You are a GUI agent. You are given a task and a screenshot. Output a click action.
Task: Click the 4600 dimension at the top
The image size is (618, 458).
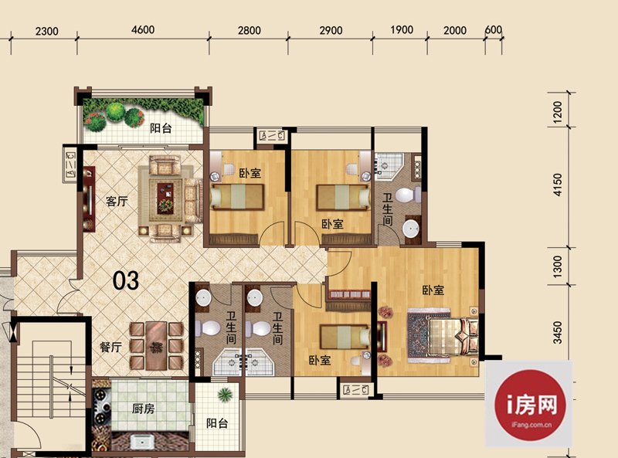pyautogui.click(x=143, y=30)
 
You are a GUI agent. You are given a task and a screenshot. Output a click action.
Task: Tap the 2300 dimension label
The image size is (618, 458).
pyautogui.click(x=47, y=31)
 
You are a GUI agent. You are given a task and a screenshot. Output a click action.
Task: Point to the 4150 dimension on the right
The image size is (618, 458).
pyautogui.click(x=557, y=185)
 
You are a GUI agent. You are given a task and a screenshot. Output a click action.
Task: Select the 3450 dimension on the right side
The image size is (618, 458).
pyautogui.click(x=557, y=333)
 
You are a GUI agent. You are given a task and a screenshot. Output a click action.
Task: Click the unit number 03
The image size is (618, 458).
pyautogui.click(x=126, y=280)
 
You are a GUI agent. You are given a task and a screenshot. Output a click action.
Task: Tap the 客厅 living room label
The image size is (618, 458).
pyautogui.click(x=117, y=202)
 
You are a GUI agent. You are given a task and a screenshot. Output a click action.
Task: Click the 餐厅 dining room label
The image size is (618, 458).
pyautogui.click(x=110, y=348)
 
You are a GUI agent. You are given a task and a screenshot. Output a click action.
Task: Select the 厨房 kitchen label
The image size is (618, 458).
pyautogui.click(x=143, y=409)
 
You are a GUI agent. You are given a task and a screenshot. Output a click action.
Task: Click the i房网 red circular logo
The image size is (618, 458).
pyautogui.click(x=530, y=405)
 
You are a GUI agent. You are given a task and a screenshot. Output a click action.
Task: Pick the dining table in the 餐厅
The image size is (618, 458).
pyautogui.click(x=157, y=346)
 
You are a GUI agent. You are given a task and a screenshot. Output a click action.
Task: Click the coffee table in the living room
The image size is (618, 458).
pyautogui.click(x=165, y=198)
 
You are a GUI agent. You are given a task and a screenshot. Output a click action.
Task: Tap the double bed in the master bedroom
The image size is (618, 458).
pyautogui.click(x=453, y=336)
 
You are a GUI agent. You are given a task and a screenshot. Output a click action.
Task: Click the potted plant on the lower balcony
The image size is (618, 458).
pyautogui.click(x=225, y=394)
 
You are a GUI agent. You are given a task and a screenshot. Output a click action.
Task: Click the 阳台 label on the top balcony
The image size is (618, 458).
pyautogui.click(x=161, y=128)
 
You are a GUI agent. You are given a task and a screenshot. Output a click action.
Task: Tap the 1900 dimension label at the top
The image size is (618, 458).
pyautogui.click(x=402, y=30)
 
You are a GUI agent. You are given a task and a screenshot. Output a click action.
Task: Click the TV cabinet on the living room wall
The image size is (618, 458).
pyautogui.click(x=89, y=198)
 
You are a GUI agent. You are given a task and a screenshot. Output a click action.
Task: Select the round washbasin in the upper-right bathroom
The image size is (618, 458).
pyautogui.click(x=412, y=229)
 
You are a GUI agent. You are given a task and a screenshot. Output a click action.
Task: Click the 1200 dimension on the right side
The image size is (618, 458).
pyautogui.click(x=557, y=111)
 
